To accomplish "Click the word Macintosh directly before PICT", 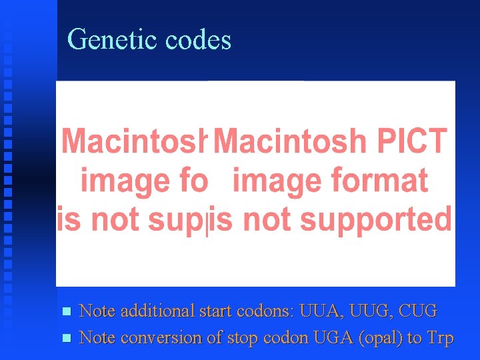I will coord(290,141).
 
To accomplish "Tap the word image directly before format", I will coord(275,181).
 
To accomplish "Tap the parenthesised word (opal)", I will coord(381,338).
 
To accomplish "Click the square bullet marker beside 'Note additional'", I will coord(65,311).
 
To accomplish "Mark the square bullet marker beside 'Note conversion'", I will coord(65,339).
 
